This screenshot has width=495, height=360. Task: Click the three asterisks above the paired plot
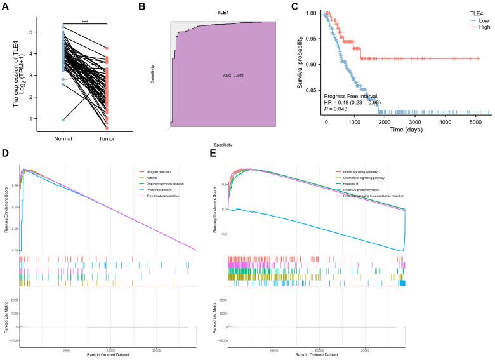tap(84, 20)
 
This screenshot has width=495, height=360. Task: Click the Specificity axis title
tap(223, 145)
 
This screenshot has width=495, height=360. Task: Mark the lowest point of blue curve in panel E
tap(403, 251)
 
